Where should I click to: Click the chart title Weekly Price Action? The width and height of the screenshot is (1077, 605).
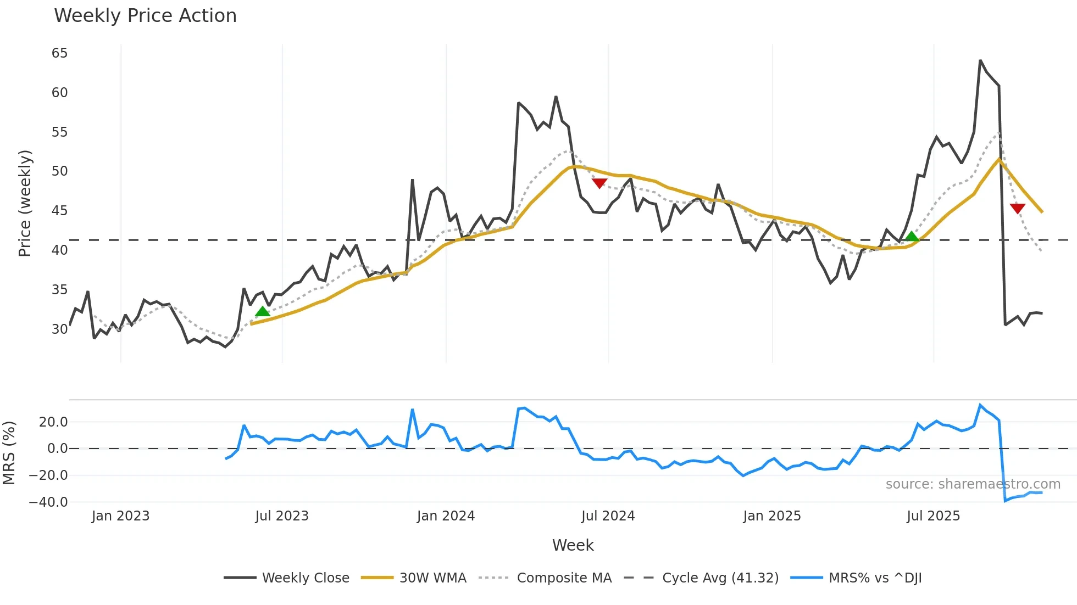145,16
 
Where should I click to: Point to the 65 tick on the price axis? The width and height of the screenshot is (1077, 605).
59,53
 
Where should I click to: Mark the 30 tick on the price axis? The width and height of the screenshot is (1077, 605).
59,329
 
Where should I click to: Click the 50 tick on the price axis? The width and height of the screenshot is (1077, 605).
59,171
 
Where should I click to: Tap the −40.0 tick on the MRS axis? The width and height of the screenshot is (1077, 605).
48,502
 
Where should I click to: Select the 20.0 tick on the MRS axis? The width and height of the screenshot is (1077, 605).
53,422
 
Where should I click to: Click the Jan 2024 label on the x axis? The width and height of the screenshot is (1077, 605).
446,516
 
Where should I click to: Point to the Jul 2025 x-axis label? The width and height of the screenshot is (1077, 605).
933,516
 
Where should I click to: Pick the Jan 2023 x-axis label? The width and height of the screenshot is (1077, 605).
120,516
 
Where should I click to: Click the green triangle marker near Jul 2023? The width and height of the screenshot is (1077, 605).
263,312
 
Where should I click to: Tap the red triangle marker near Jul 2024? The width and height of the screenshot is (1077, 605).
599,183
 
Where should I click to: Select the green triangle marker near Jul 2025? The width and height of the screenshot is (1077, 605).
912,237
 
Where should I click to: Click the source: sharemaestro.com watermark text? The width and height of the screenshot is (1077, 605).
973,484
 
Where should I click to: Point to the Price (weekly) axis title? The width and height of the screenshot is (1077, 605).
25,203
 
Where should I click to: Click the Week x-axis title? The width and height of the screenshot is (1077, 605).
573,545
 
